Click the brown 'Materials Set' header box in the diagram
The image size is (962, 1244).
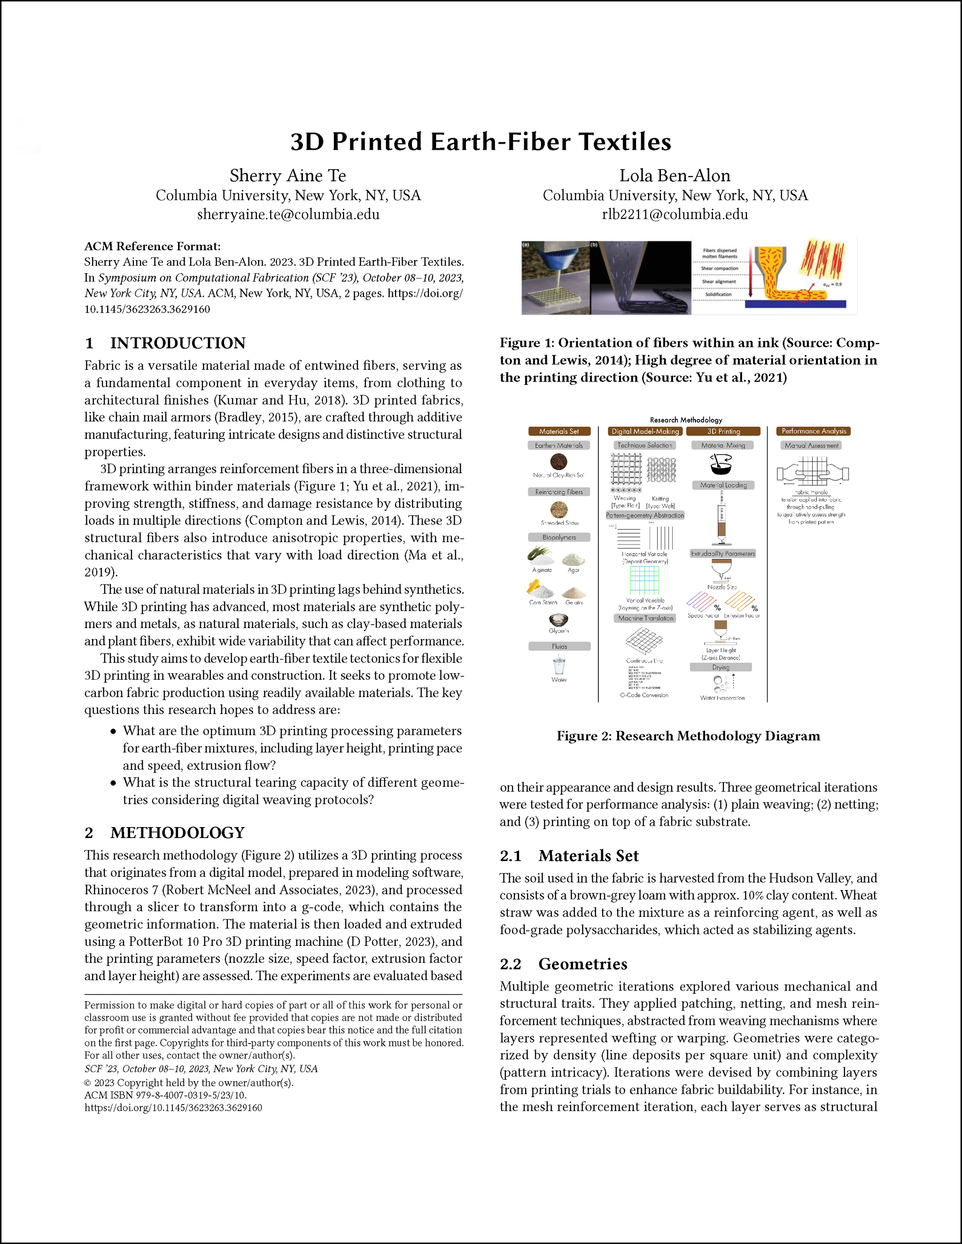point(559,431)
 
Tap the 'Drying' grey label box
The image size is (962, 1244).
point(721,667)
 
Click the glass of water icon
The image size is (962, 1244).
point(559,665)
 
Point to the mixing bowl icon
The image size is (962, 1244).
point(721,465)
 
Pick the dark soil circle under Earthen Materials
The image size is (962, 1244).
point(559,461)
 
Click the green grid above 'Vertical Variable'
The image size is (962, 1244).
point(644,580)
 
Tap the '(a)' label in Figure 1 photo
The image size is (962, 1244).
point(526,245)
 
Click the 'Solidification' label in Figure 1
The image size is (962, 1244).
point(718,294)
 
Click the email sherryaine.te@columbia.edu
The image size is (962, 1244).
point(288,215)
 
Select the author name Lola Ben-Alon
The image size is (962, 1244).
point(675,176)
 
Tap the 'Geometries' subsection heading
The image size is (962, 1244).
point(582,964)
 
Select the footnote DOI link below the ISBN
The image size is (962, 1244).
point(173,1108)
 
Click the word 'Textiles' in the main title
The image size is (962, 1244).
point(625,142)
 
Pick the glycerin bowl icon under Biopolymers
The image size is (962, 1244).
point(559,620)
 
